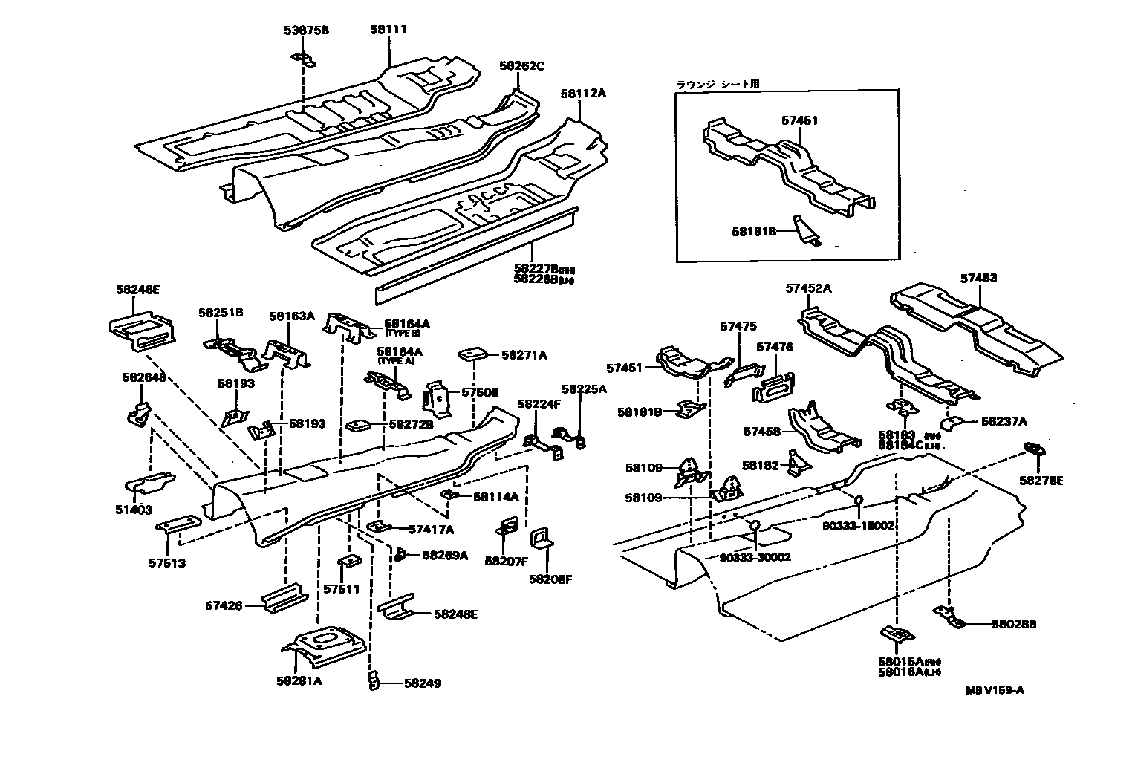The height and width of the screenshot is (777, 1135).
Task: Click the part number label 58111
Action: coord(388,30)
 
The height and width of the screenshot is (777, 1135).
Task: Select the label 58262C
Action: coord(521,66)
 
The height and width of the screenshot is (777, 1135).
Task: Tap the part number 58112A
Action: coord(583,94)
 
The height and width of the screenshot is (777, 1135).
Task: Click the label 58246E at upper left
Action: coord(137,290)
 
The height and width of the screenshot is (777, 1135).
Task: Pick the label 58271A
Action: coord(524,356)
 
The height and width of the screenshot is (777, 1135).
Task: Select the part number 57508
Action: coord(480,392)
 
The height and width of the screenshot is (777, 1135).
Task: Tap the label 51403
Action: coord(133,510)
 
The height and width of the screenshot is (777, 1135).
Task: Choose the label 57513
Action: coord(167,562)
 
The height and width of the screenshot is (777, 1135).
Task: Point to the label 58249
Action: coord(423,683)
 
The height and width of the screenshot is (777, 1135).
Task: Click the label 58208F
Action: coord(550,579)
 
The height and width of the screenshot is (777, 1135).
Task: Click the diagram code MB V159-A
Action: coord(995,689)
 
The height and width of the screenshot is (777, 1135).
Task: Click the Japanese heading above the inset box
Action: coord(718,85)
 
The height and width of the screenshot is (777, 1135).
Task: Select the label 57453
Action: coord(978,279)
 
